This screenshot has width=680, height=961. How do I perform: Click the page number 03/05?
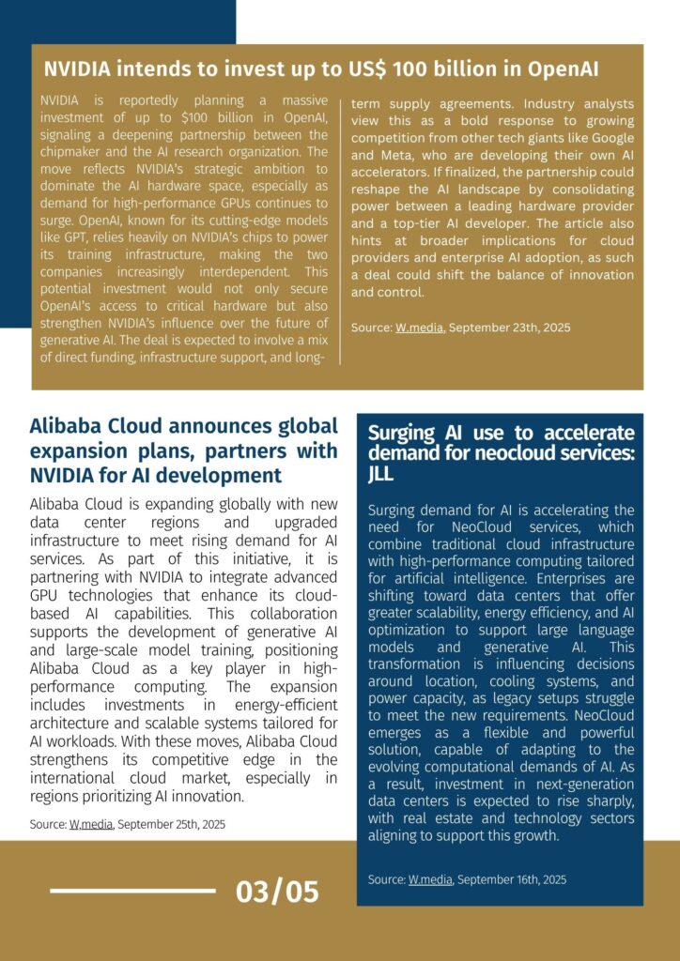(277, 892)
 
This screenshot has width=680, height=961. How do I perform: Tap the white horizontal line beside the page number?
(132, 891)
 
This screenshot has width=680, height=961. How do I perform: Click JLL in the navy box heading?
(381, 474)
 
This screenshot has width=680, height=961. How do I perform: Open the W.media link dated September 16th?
(430, 879)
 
